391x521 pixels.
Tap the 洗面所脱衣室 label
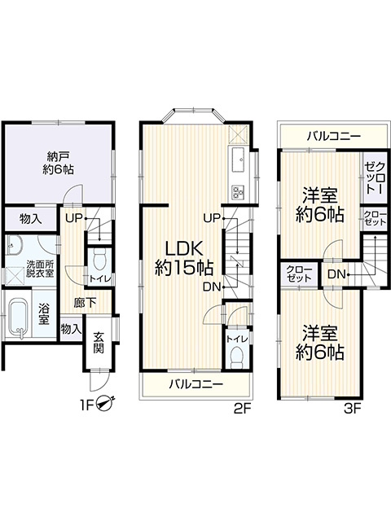pos(39,269)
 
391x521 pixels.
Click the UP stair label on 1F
pos(73,218)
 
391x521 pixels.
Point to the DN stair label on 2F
pos(211,286)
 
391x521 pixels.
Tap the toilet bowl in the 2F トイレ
pos(236,356)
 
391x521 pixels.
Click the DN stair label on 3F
pos(336,274)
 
